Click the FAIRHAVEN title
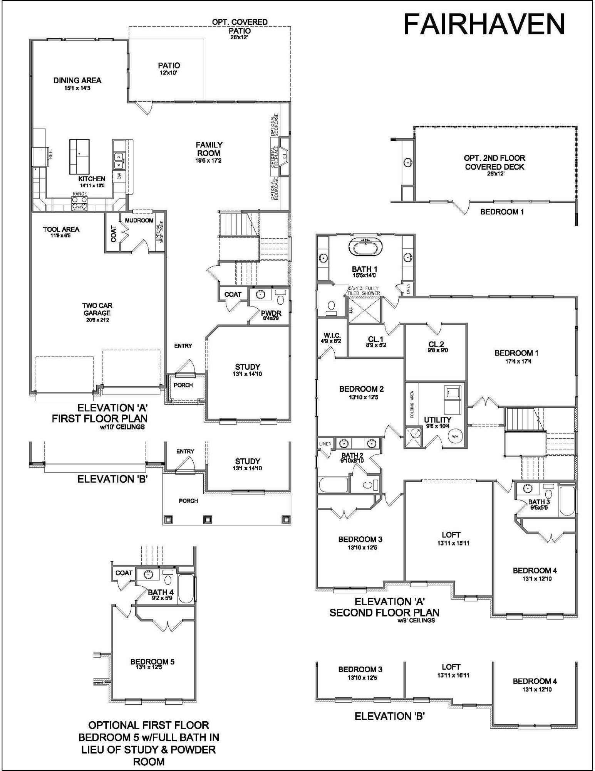[x=484, y=24]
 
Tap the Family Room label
[x=209, y=149]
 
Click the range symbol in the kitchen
[x=79, y=203]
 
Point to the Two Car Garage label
[x=97, y=309]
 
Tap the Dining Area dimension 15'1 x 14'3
[x=77, y=88]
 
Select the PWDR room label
[x=271, y=313]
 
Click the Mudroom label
[x=139, y=221]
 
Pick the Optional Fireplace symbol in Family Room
[x=284, y=156]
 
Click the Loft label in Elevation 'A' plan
[x=451, y=535]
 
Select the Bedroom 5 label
[x=152, y=662]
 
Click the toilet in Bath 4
[x=168, y=580]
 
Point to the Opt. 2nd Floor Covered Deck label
[x=494, y=162]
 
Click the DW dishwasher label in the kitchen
[x=119, y=176]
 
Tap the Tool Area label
[x=61, y=229]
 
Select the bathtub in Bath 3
[x=567, y=501]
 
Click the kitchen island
[x=79, y=157]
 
